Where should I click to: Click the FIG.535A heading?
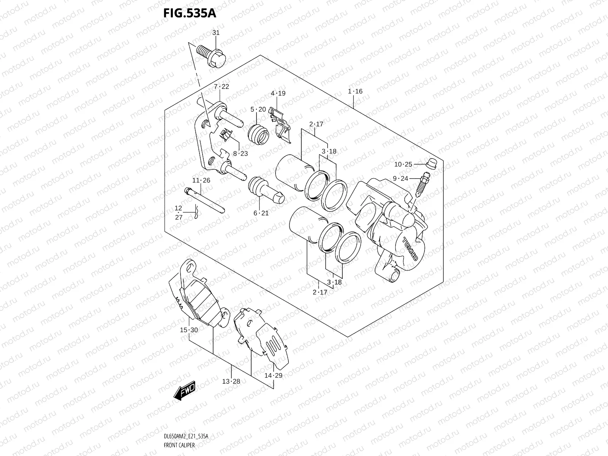coord(189,13)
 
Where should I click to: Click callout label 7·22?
coord(221,87)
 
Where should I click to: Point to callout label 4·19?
coord(278,93)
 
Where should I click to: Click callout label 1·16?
coord(355,91)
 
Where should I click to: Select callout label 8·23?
coord(240,154)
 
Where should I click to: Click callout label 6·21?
coord(261,213)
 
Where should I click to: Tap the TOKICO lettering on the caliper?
coord(410,248)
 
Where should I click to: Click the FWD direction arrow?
coord(185,391)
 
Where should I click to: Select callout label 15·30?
coord(189,330)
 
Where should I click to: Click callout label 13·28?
coord(231,381)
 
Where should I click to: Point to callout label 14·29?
coord(273,375)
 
